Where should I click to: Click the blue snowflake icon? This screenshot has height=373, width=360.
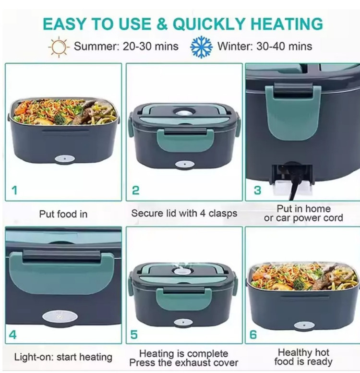coord(201,47)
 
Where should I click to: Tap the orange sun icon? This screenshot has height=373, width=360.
coord(59,47)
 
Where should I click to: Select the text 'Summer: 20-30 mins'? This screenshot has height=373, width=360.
coord(126,46)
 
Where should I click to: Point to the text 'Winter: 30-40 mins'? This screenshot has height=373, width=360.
coord(264,46)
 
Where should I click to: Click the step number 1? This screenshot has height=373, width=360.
coord(14,190)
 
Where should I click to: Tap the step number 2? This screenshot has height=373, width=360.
coord(135,190)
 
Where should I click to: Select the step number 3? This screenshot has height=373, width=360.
coord(257,190)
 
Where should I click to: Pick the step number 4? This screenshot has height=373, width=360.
coord(12,335)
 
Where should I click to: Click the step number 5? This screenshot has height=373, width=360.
coord(134,335)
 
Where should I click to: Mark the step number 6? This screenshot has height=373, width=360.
coord(253,335)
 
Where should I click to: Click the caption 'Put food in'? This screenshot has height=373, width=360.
coord(63,214)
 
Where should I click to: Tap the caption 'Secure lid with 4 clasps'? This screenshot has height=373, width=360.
coord(184,213)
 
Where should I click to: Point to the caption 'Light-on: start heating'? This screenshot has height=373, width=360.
coord(63,357)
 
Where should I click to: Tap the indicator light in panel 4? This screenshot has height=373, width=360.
coord(60,317)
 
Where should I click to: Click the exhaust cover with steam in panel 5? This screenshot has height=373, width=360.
coord(180,270)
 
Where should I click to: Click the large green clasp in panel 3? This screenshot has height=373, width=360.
coord(293,112)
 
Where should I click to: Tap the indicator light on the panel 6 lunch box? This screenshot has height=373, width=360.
coord(304,325)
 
